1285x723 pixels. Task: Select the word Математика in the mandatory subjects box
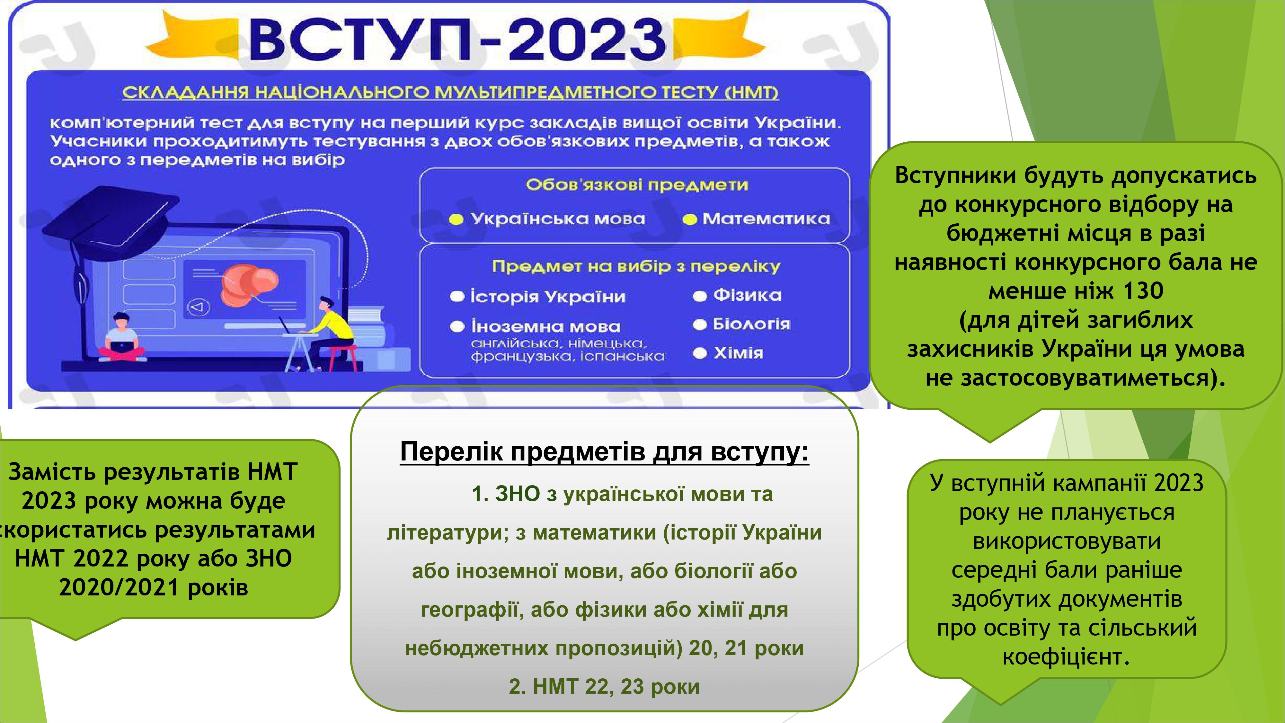766,219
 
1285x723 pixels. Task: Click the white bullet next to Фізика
700,296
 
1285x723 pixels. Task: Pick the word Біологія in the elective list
751,324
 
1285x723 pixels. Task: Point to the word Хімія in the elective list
738,353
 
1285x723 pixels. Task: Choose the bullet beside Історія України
457,297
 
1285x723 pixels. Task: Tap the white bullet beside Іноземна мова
457,327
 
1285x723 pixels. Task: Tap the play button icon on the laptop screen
199,307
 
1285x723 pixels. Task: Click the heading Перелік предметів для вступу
604,452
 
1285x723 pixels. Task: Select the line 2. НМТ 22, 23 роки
604,687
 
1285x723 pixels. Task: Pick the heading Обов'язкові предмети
636,185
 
